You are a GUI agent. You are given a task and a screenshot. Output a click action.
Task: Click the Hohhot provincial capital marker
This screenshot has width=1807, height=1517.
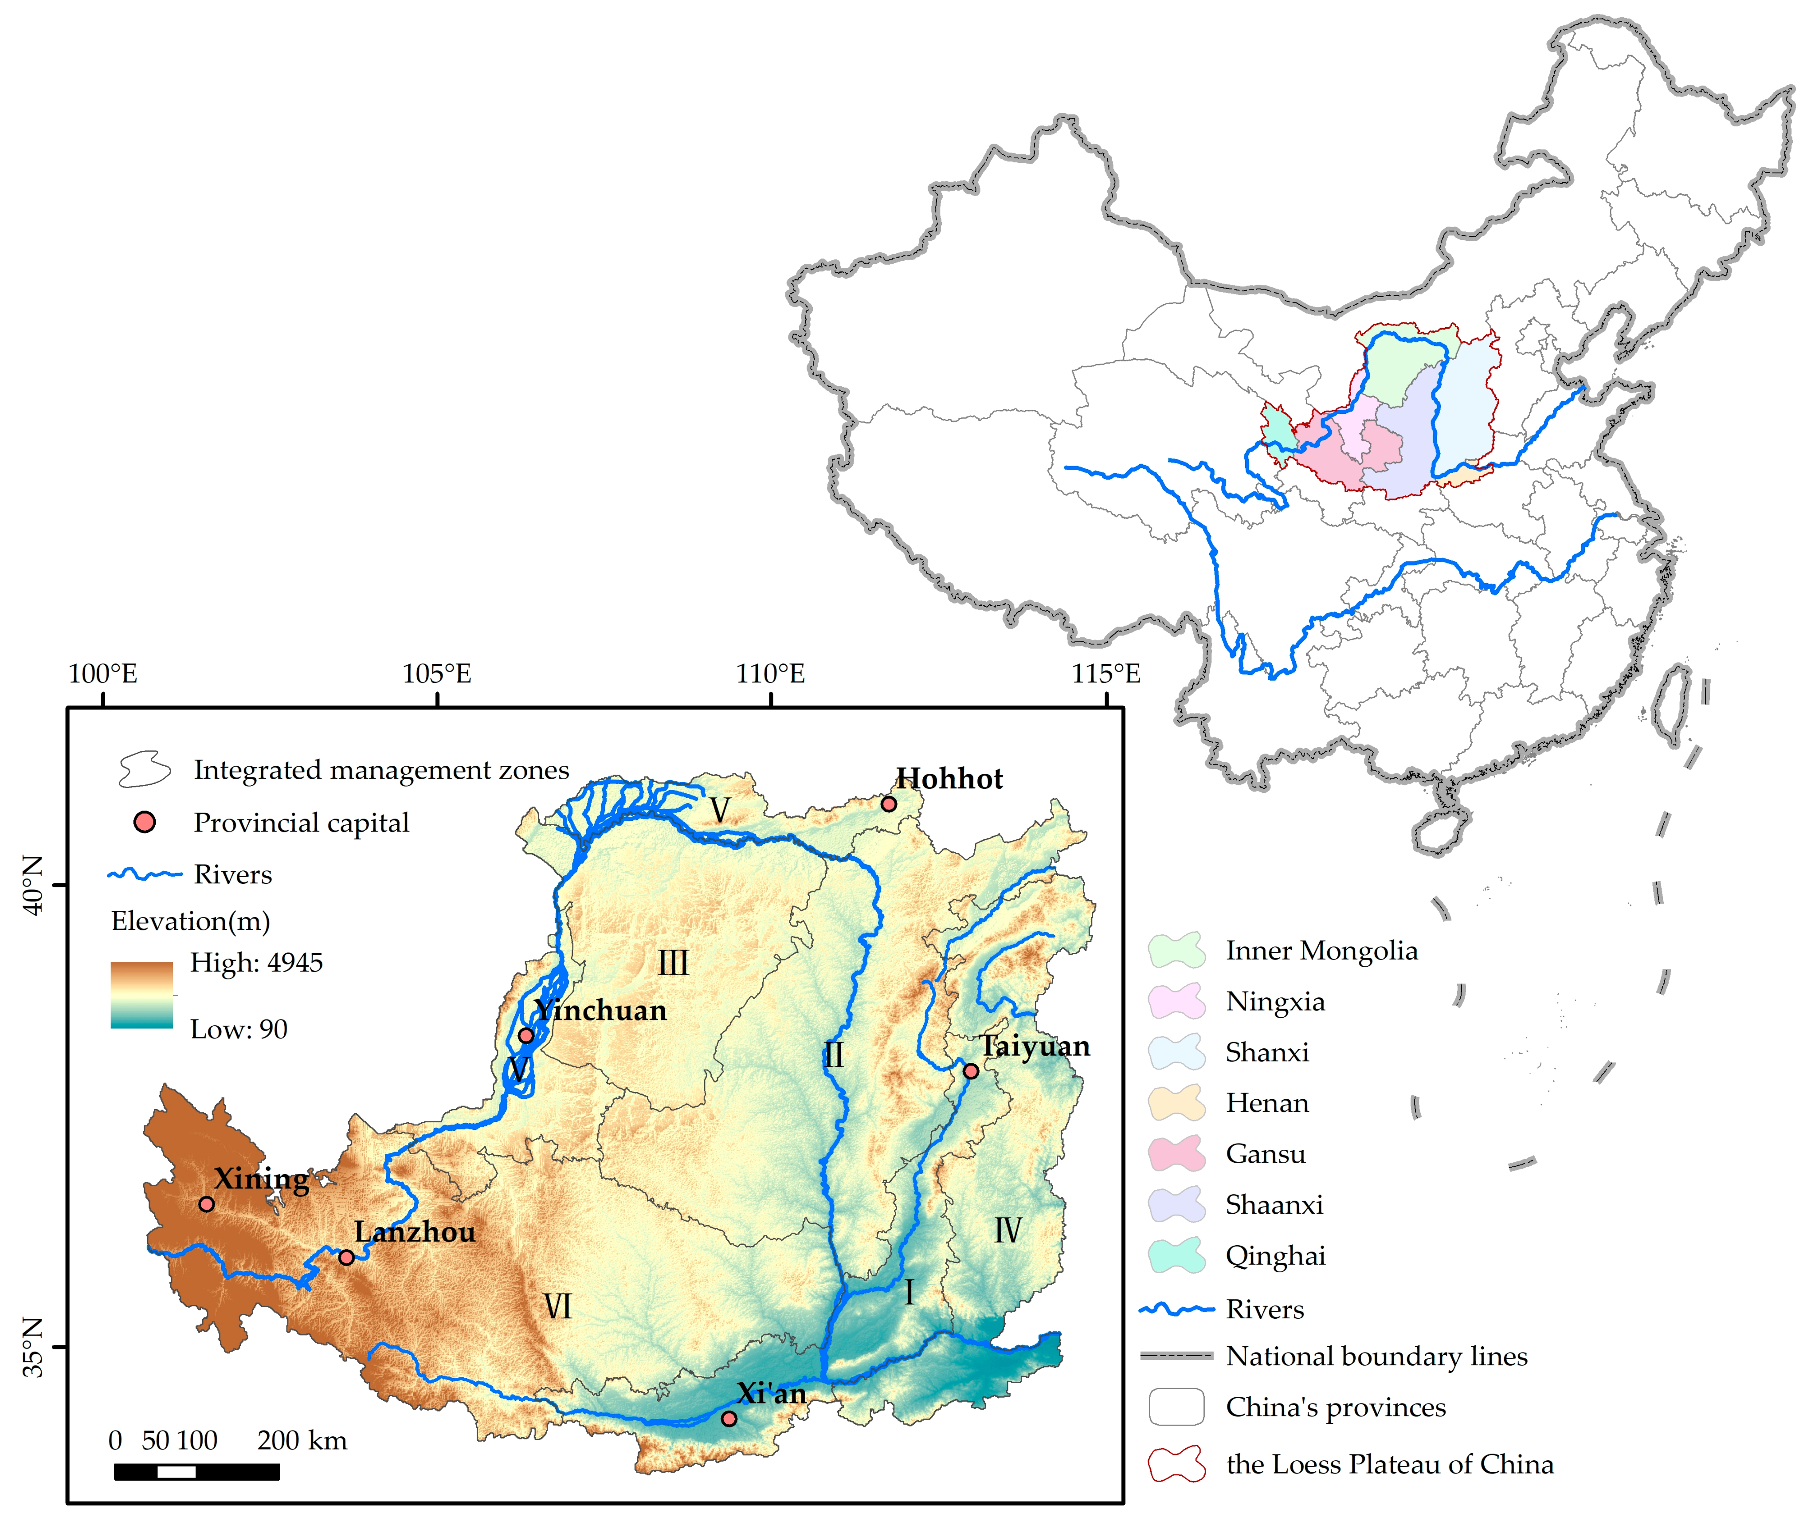click(x=889, y=804)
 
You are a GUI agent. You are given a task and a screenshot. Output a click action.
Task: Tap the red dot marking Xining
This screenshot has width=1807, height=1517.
click(x=207, y=1204)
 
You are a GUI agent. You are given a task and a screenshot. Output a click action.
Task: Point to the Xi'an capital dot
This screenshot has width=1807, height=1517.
click(x=729, y=1418)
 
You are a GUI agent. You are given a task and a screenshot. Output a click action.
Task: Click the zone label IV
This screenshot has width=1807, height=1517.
click(x=1007, y=1231)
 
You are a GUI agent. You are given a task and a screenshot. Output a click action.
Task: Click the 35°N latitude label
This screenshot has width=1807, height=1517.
click(x=33, y=1347)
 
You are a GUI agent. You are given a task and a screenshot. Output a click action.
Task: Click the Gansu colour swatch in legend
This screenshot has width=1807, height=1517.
click(x=1176, y=1153)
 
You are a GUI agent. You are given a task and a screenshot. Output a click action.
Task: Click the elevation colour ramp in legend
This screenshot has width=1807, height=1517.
click(x=142, y=995)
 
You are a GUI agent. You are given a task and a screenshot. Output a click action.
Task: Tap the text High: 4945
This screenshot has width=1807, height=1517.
click(x=256, y=962)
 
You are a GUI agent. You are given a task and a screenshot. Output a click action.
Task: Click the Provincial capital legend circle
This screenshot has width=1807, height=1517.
click(x=145, y=822)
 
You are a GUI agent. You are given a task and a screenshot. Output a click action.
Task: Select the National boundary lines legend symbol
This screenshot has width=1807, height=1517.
click(x=1176, y=1356)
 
